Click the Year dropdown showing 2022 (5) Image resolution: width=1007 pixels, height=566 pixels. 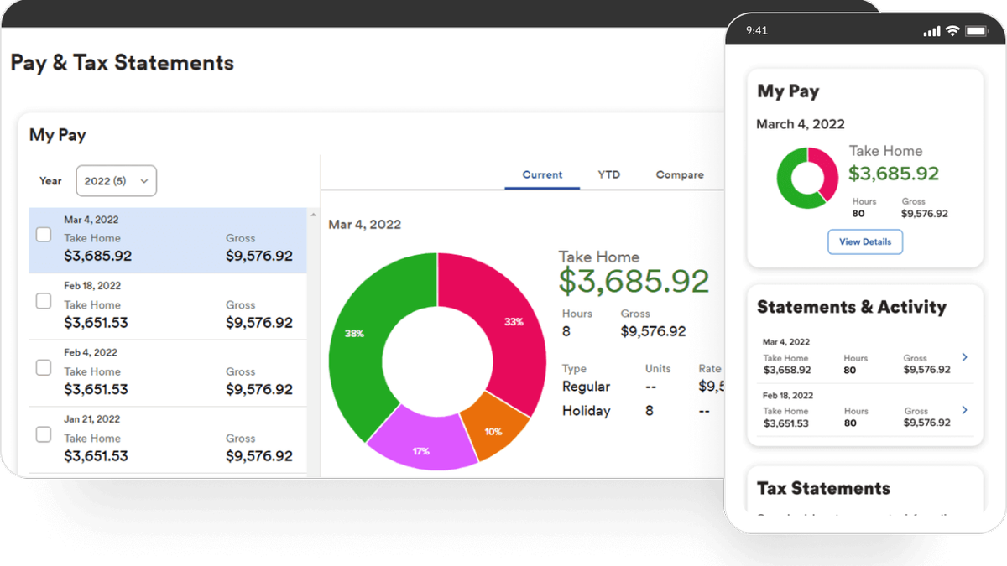pos(116,180)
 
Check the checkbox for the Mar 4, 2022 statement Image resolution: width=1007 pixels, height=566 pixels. pos(44,236)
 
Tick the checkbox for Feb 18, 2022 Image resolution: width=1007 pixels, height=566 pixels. pos(44,302)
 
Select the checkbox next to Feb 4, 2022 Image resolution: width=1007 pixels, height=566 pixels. pos(44,368)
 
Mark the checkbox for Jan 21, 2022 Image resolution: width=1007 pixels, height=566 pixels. pos(44,434)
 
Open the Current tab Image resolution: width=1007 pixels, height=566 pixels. pos(542,174)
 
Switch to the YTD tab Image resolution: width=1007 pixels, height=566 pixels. pos(608,174)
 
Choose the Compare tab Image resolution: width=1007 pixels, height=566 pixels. pos(680,174)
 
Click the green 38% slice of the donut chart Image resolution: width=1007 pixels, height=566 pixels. pos(357,335)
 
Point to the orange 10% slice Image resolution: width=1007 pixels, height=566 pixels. pos(493,429)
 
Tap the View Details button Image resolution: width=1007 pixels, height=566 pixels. pos(865,241)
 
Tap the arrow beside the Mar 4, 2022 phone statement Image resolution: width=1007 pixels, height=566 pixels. pos(964,357)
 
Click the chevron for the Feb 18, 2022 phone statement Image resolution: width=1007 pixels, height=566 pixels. pos(964,410)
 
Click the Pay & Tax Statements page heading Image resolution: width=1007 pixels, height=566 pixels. pos(123,63)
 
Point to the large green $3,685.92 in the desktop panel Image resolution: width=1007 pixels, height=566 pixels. pos(634,282)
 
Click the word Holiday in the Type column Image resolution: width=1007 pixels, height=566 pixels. pos(586,411)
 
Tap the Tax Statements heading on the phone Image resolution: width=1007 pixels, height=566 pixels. pos(823,488)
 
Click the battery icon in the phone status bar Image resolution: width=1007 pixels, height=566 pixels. pos(974,31)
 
